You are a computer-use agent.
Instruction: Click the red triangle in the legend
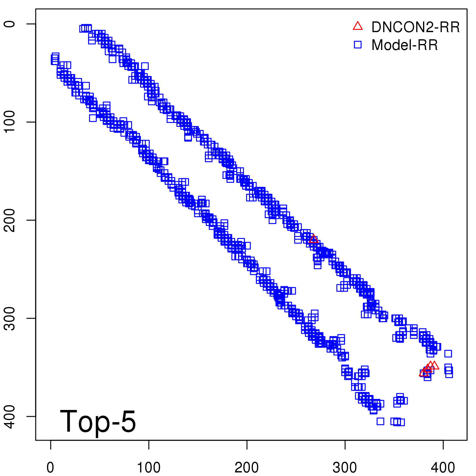358,26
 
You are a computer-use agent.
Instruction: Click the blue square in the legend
358,45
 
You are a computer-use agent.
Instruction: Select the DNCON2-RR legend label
416,27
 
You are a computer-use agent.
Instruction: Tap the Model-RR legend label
405,45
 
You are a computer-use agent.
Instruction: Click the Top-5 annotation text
98,421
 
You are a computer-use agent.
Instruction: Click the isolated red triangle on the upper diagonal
313,239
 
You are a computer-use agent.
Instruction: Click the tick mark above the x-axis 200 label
247,444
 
